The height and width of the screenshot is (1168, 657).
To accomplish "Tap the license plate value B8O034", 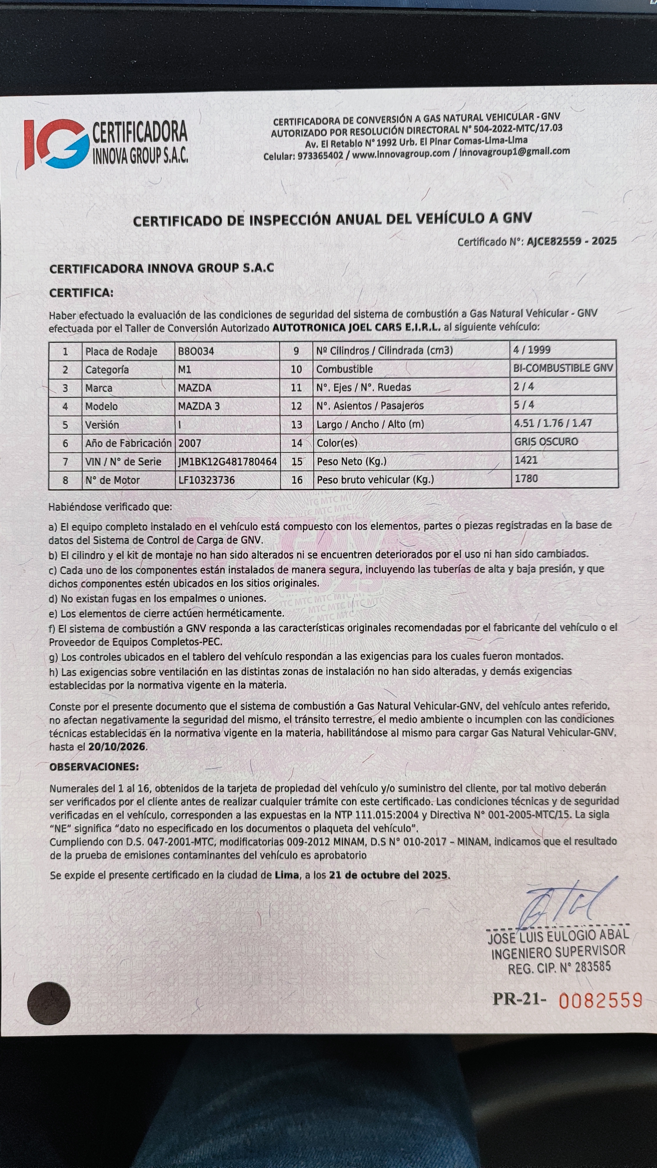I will (x=196, y=351).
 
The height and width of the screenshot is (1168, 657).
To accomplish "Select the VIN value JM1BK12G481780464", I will (x=227, y=462).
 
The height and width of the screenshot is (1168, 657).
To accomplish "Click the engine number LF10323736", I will (x=206, y=480).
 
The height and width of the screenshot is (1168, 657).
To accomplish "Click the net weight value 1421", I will (x=526, y=460).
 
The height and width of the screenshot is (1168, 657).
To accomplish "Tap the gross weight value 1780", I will (x=526, y=478).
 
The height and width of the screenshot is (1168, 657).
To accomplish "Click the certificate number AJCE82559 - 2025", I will (x=571, y=241).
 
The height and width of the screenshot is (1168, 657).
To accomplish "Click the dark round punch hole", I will (x=49, y=1003).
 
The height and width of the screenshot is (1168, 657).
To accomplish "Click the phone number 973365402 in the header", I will (x=320, y=156).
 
